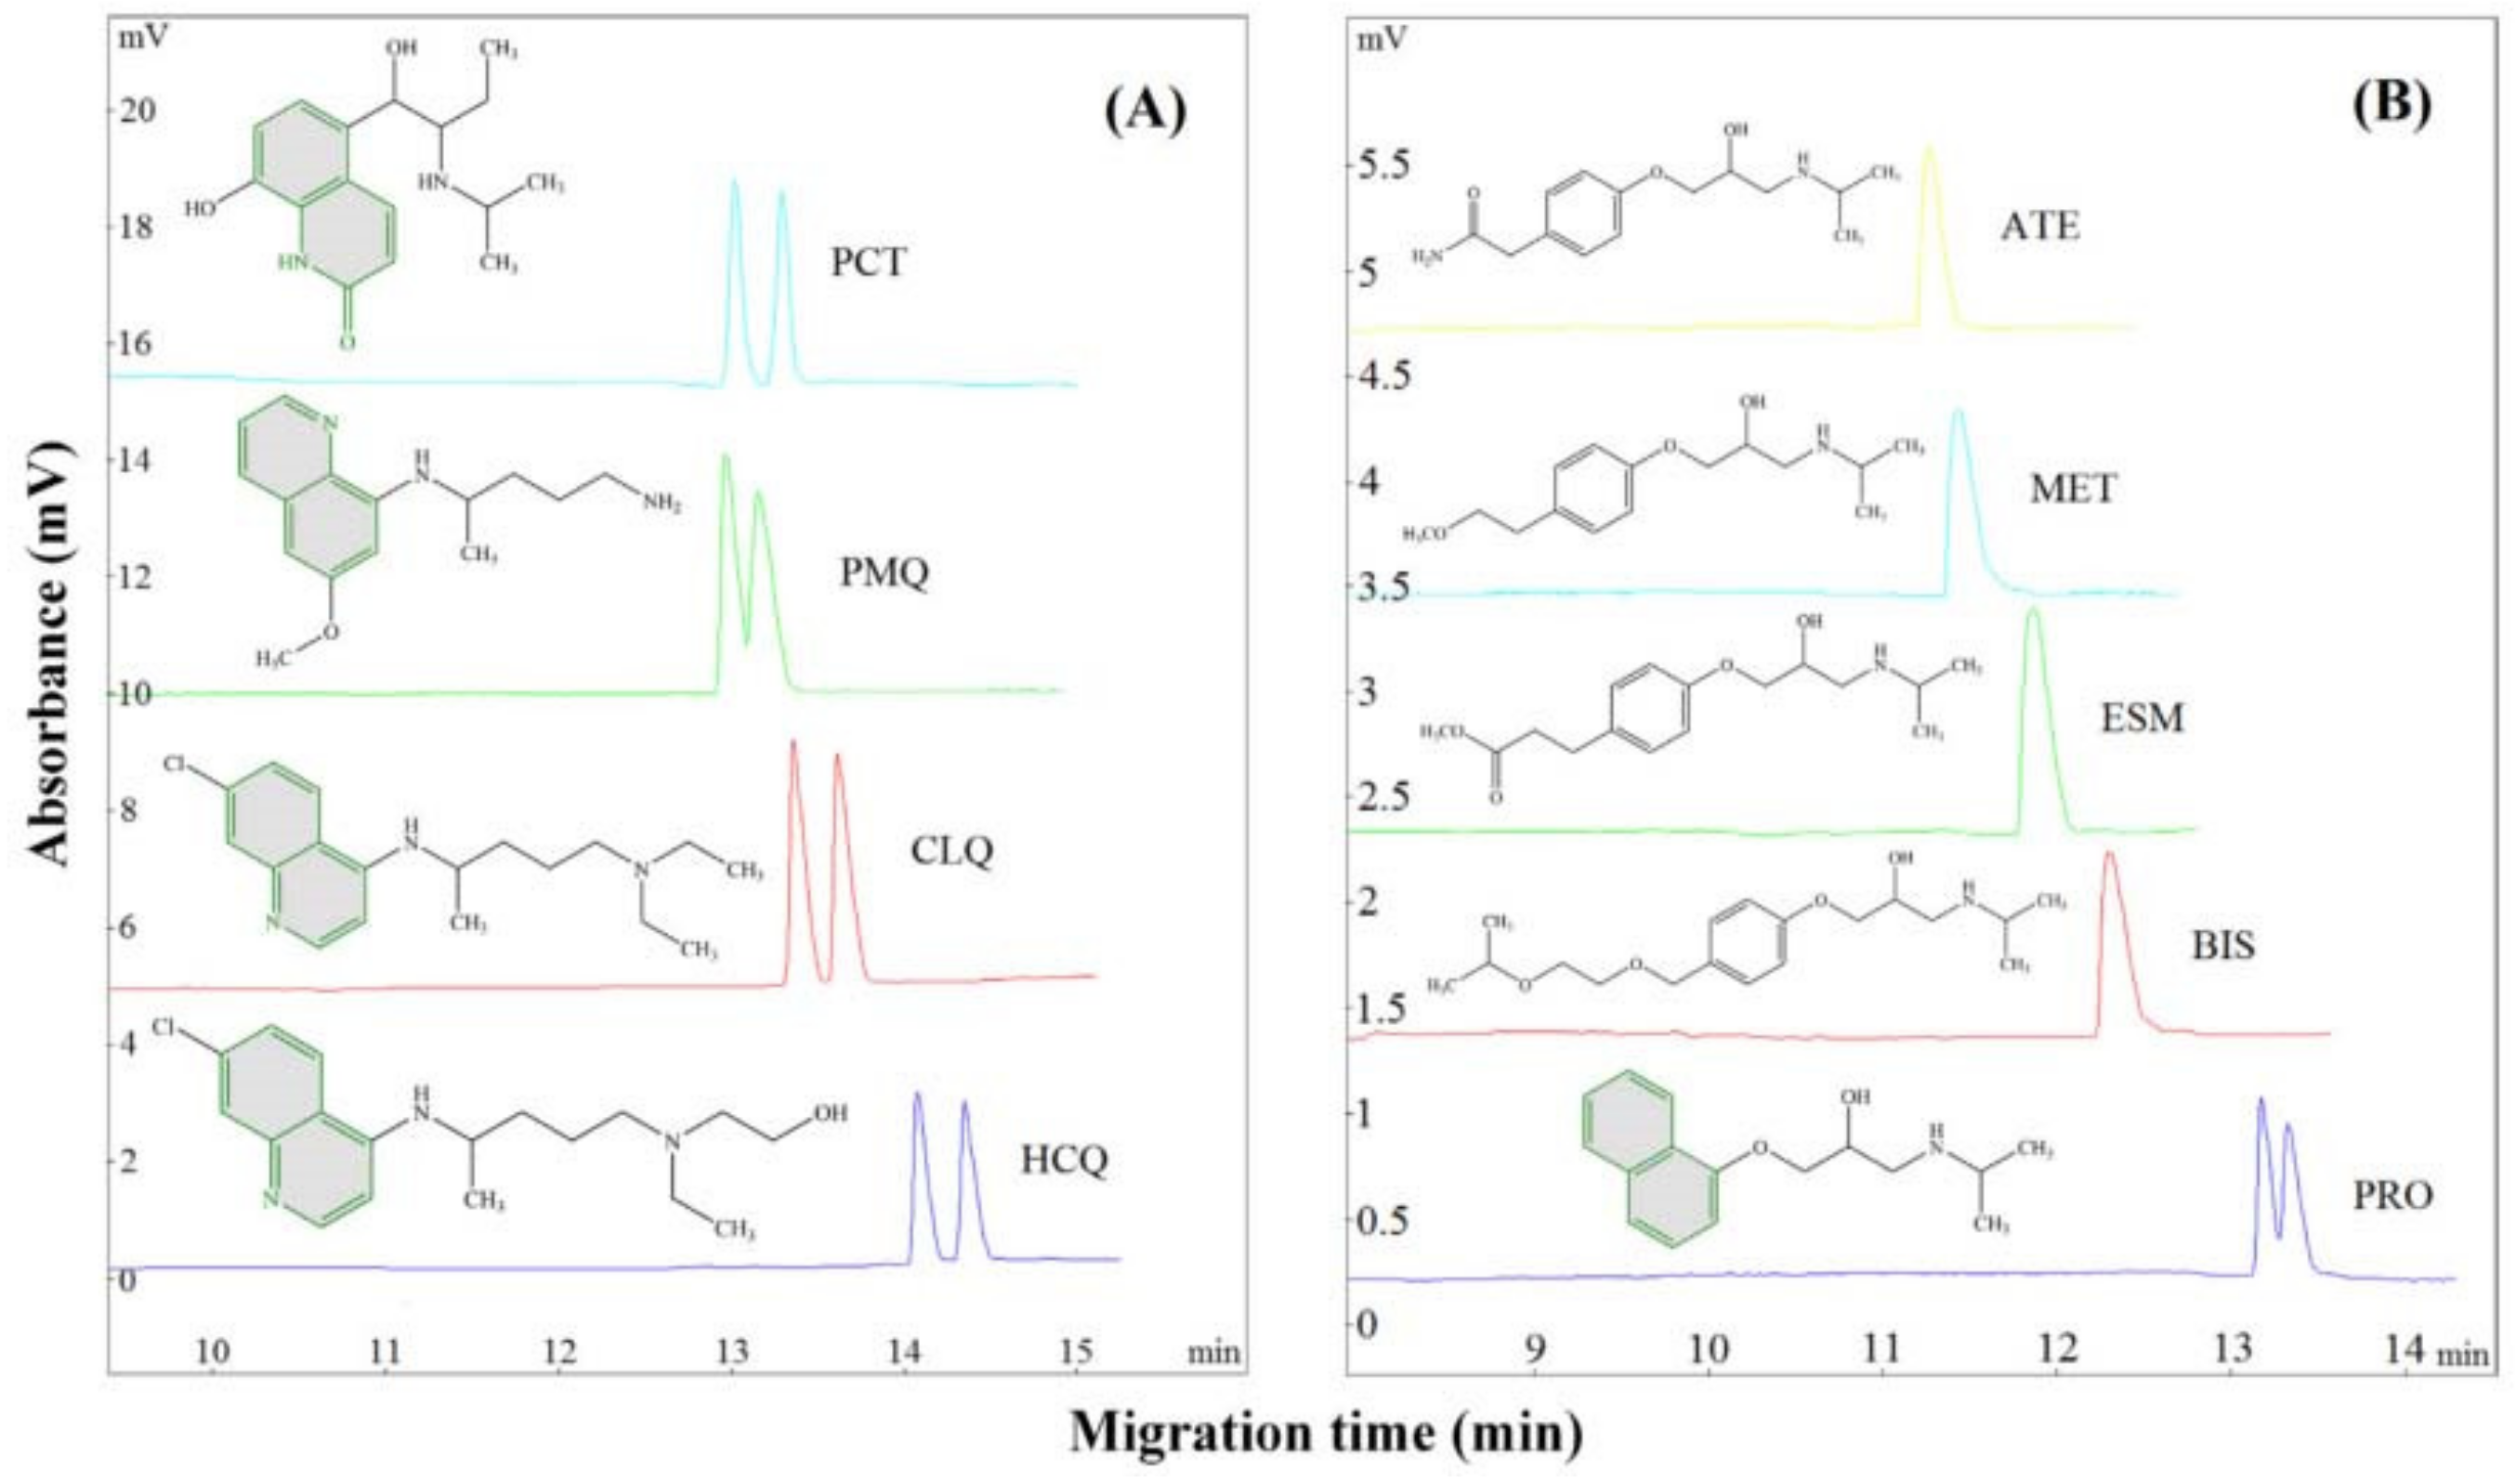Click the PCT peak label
(x=869, y=262)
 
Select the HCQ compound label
(x=1064, y=1161)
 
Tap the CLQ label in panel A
(x=951, y=851)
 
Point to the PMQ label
(x=885, y=572)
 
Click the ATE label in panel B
(x=2039, y=227)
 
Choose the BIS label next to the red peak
(x=2223, y=945)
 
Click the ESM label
(x=2142, y=717)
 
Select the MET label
(x=2072, y=489)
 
